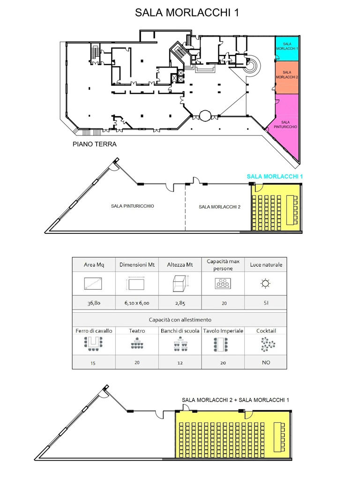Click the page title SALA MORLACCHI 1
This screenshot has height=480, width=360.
click(x=187, y=13)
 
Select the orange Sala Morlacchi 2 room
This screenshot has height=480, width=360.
click(x=287, y=76)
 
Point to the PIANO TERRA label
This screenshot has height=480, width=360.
click(x=94, y=144)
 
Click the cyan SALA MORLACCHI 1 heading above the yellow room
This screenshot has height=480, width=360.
click(x=276, y=176)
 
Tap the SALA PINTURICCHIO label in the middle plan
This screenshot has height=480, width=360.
click(x=133, y=206)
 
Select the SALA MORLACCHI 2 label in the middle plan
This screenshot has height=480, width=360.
click(x=220, y=207)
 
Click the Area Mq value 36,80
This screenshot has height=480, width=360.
click(x=94, y=303)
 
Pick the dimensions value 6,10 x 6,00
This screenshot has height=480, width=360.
click(x=137, y=303)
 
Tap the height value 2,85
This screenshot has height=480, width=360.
click(x=180, y=303)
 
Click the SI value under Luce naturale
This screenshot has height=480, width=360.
click(x=266, y=303)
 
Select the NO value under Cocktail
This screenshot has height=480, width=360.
click(x=266, y=362)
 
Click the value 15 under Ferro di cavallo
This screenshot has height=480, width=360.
click(x=94, y=363)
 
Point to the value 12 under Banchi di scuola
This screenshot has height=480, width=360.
click(x=180, y=363)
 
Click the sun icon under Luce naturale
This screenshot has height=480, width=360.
click(x=266, y=283)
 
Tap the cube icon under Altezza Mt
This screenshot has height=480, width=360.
click(x=180, y=283)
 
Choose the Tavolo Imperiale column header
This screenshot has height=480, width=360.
click(x=223, y=330)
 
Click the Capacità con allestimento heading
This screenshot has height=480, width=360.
click(x=180, y=319)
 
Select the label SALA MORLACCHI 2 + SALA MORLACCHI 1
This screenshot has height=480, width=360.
click(x=235, y=399)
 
